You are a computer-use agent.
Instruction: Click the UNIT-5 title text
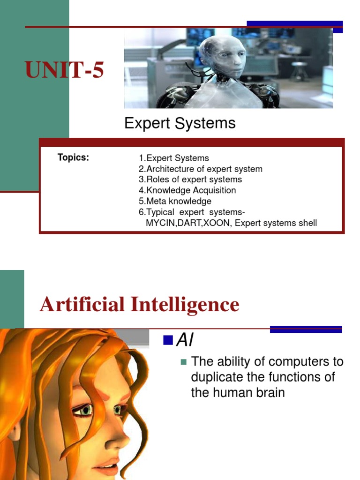click(x=64, y=71)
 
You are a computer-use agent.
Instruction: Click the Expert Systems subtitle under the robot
click(x=180, y=123)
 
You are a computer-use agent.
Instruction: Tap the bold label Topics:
click(x=73, y=157)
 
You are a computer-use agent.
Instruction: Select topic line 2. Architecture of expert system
click(x=200, y=169)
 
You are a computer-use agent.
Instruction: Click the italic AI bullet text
click(x=185, y=341)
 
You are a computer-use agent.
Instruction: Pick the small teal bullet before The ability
click(x=183, y=362)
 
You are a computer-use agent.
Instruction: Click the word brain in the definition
click(x=268, y=392)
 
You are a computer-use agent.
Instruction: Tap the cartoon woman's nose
click(x=121, y=438)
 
